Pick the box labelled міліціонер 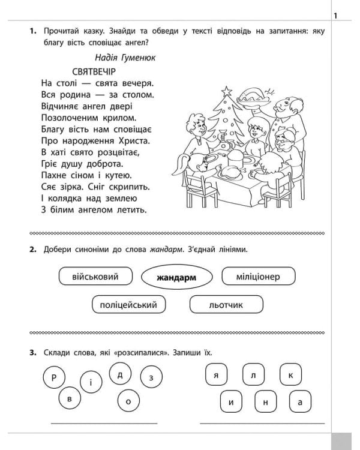point(258,277)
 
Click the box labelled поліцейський point(129,305)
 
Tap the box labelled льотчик point(226,305)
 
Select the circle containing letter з point(151,377)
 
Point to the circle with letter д point(120,374)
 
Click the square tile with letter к point(290,376)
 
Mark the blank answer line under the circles point(104,423)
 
